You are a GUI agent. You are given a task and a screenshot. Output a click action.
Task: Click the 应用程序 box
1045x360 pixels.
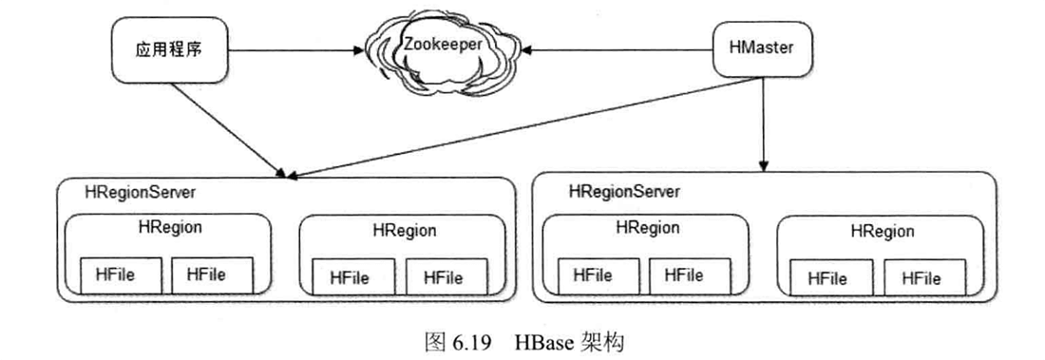point(168,50)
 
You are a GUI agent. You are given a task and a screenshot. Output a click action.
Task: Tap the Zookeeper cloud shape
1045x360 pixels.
point(442,51)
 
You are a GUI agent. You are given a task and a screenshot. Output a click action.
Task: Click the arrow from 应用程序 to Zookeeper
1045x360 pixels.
point(294,50)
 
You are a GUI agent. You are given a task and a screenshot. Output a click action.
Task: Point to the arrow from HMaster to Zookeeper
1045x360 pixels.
point(617,49)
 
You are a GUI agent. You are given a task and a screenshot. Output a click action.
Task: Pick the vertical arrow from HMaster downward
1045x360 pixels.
point(764,123)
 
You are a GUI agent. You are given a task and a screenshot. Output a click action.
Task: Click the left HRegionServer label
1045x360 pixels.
point(140,192)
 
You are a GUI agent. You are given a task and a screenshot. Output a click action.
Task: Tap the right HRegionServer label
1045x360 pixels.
point(624,192)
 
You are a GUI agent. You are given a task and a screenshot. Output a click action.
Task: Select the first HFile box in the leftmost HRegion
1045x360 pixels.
point(121,275)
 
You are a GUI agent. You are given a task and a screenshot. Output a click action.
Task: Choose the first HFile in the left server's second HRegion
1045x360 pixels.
point(355,277)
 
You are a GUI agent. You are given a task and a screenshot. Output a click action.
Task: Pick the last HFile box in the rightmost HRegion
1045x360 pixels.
point(924,278)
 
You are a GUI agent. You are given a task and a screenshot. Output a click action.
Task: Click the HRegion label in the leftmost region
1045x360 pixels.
point(171,227)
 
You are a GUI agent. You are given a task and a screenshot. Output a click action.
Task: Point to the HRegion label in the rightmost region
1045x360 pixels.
point(883,232)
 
